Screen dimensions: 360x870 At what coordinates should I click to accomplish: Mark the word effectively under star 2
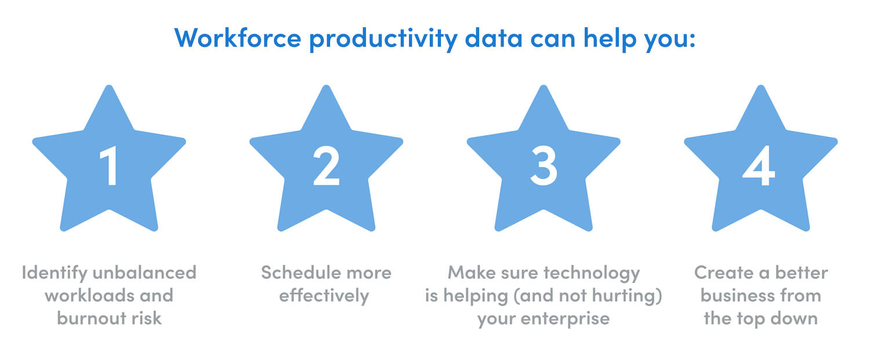pos(324,296)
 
